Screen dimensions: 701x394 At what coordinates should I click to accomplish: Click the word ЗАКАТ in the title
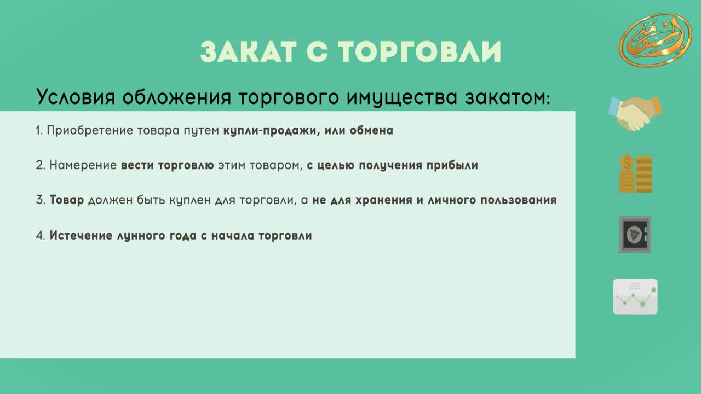click(248, 52)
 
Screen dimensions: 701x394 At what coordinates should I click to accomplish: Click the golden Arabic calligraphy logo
click(656, 40)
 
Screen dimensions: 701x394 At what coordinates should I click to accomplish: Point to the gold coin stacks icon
click(636, 174)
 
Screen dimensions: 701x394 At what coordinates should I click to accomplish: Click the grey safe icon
click(635, 235)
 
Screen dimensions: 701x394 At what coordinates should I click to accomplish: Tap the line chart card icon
click(635, 297)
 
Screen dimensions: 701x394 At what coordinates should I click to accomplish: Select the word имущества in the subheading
click(402, 97)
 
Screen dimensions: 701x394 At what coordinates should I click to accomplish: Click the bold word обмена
click(371, 130)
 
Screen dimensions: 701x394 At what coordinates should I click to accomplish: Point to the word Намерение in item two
click(83, 165)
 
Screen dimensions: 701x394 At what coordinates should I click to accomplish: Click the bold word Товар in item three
click(67, 200)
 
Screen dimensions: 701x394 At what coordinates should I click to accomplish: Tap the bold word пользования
click(519, 200)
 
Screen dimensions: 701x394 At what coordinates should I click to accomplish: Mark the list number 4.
click(41, 235)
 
